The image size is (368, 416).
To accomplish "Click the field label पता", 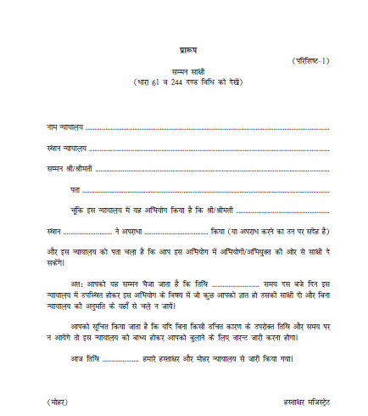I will [75, 189].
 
